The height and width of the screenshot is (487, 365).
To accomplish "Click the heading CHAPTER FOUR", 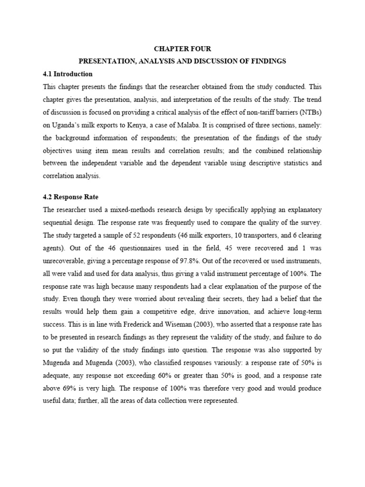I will point(182,49).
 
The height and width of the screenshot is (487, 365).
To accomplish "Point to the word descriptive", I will point(256,163).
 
